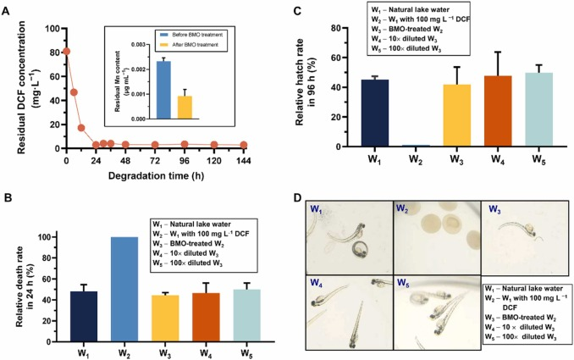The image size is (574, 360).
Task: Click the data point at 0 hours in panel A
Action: [x=66, y=52]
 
